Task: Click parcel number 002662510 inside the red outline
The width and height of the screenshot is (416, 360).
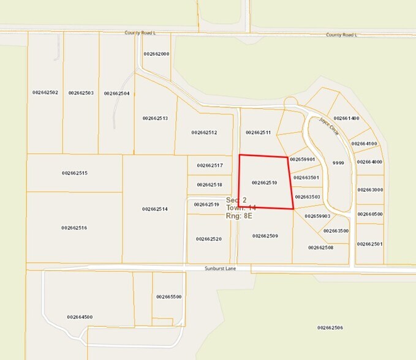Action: pos(265,182)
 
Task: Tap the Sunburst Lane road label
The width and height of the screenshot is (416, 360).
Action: pos(219,268)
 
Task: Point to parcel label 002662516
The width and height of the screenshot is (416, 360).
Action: pos(74,228)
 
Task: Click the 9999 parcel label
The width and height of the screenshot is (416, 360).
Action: pos(338,163)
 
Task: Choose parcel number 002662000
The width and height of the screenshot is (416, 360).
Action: pos(156,54)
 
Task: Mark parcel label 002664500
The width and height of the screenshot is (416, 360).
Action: pos(80,317)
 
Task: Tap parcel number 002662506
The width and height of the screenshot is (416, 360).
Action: pos(330,328)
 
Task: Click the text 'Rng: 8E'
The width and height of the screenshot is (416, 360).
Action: pos(239,216)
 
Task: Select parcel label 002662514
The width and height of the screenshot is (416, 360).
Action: pos(155,209)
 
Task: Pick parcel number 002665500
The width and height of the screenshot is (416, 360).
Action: pos(168,296)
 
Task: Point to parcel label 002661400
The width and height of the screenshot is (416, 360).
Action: pos(346,118)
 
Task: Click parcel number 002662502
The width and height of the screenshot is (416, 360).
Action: pos(45,92)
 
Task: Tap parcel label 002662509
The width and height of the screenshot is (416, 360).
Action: pos(265,236)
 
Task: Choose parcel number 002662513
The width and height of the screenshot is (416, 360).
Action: pos(155,118)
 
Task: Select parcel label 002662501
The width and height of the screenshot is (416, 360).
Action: pos(370,244)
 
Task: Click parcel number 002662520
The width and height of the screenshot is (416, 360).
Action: pos(208,239)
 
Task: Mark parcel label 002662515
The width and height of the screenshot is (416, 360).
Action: pos(75,173)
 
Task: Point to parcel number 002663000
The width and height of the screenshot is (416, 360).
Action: pos(370,190)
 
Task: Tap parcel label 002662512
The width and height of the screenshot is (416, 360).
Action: pos(204,132)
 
